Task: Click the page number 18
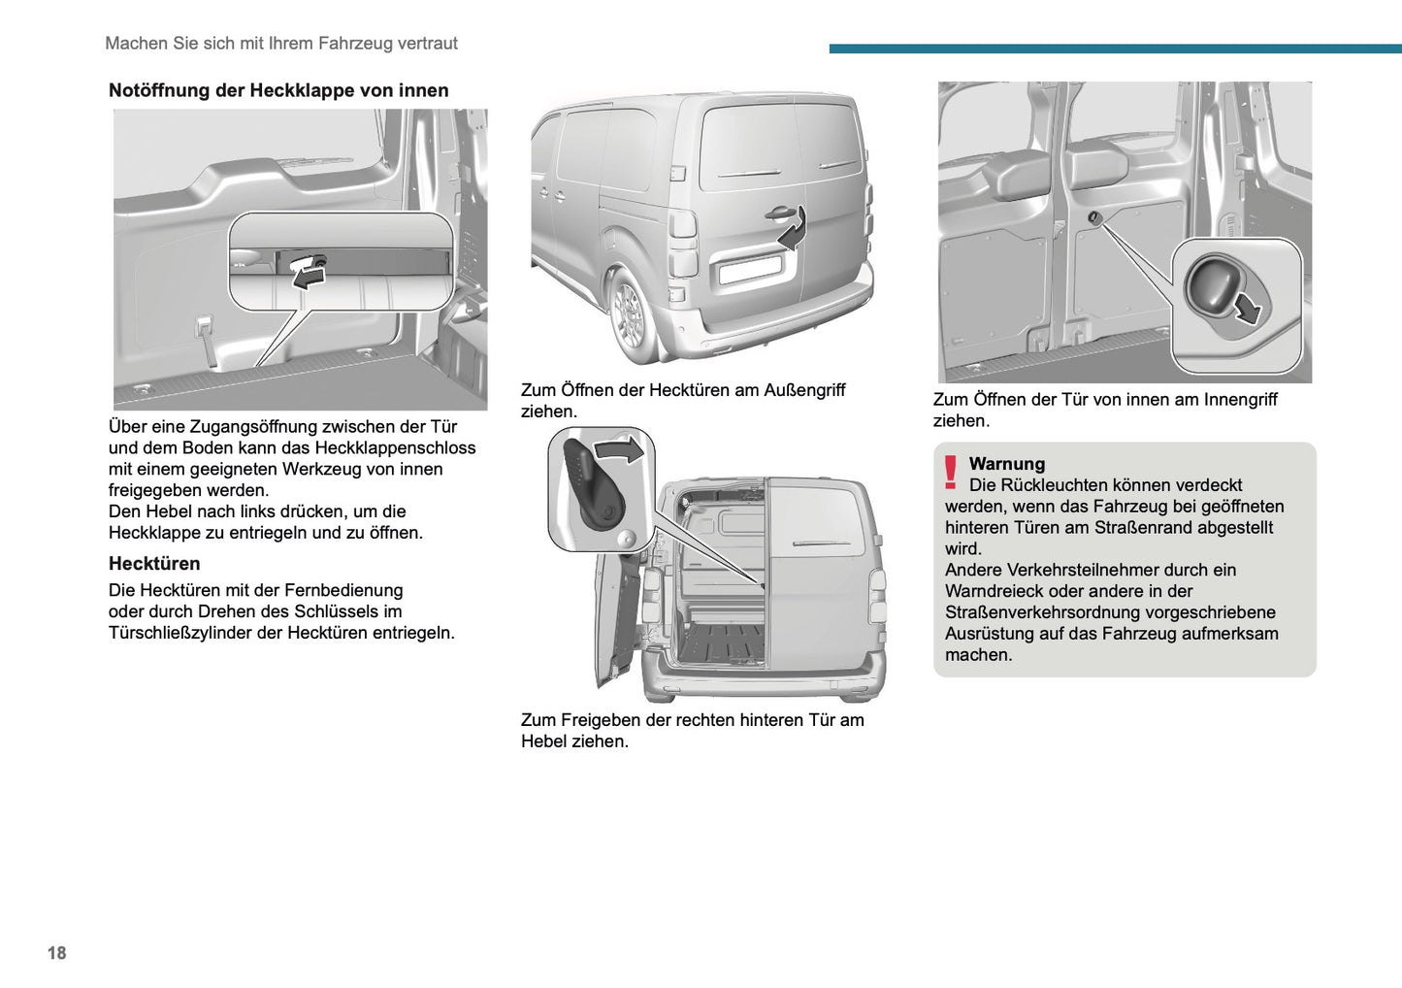point(56,953)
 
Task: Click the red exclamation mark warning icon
point(951,473)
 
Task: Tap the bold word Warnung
point(1006,464)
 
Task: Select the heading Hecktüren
point(154,564)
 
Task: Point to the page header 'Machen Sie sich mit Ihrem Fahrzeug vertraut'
point(280,44)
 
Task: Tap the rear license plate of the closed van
point(750,269)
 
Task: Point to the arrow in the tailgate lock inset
point(309,279)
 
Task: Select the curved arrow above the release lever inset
point(619,449)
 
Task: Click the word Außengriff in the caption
point(804,390)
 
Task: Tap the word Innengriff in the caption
point(1240,400)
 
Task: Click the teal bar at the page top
point(1115,49)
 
